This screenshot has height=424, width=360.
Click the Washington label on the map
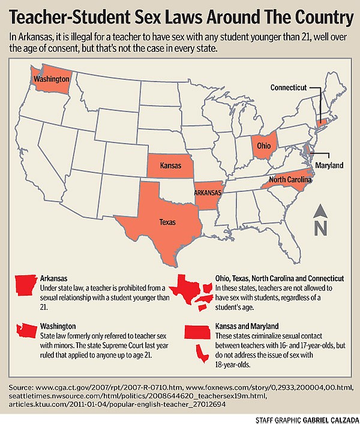(x=50, y=79)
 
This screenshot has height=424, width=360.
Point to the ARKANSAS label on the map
(x=208, y=193)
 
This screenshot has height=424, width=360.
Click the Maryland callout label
(x=329, y=165)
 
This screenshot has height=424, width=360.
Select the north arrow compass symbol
(x=320, y=221)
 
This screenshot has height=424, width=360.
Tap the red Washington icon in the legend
(x=26, y=330)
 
